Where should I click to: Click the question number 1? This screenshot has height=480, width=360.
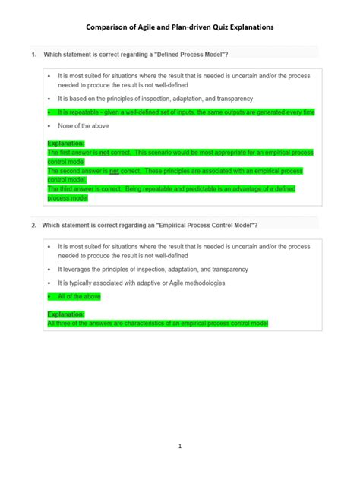[33, 55]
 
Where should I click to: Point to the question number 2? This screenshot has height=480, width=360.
[33, 226]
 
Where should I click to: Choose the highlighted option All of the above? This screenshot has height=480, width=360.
[79, 297]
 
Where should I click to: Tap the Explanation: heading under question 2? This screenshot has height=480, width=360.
[66, 314]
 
